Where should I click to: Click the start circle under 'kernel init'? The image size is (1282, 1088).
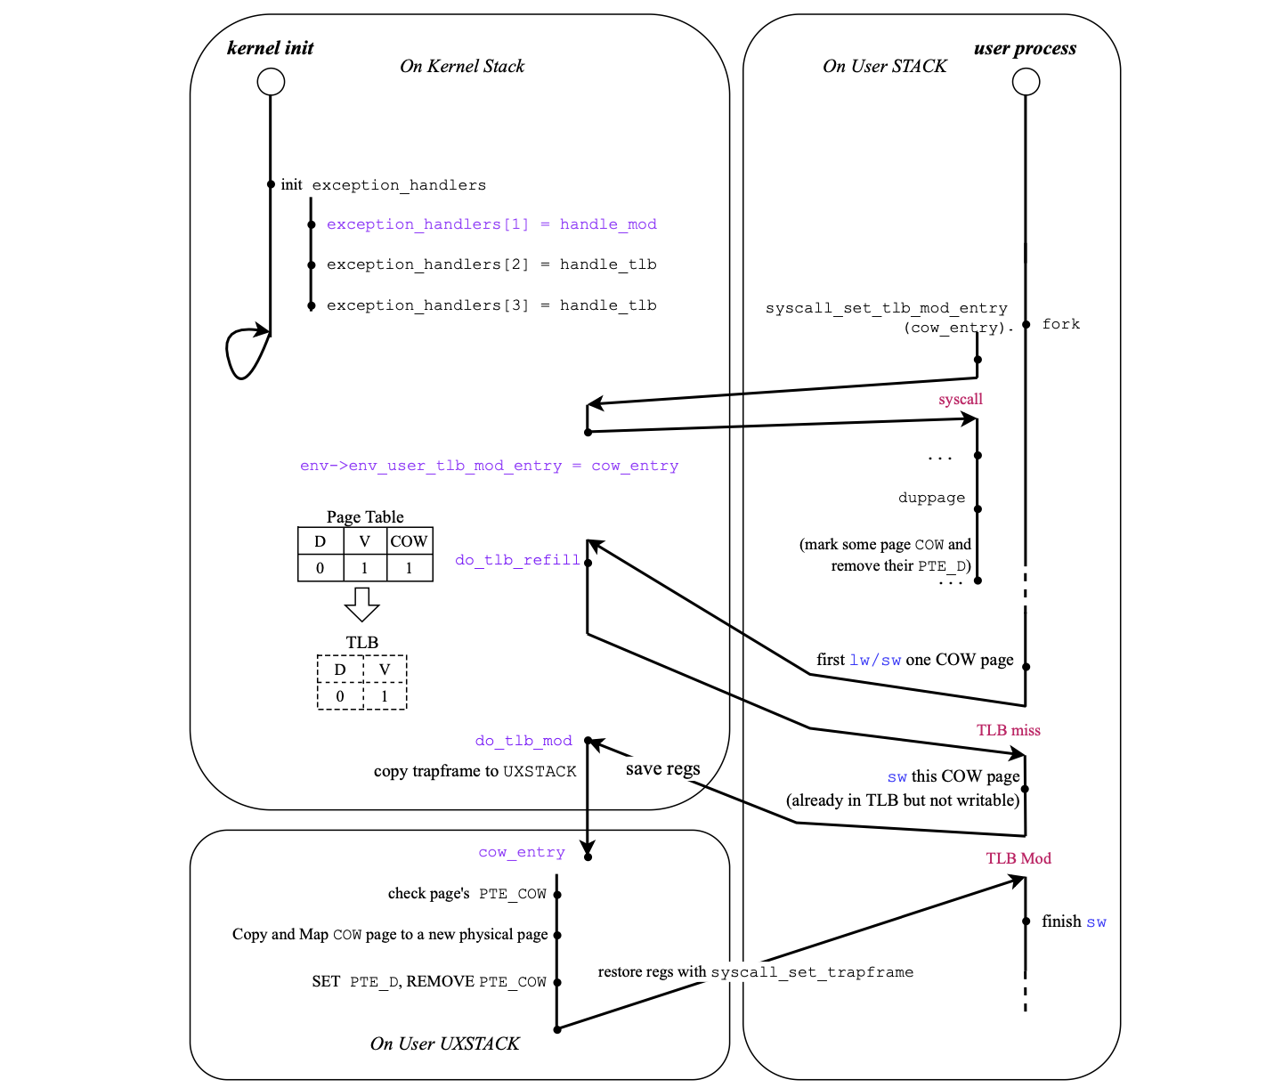point(271,82)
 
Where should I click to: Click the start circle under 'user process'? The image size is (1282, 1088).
point(1026,82)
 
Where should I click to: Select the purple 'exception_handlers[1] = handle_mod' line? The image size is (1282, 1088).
point(491,224)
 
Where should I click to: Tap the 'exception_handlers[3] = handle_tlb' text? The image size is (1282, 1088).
point(491,305)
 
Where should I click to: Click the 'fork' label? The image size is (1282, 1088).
point(1060,324)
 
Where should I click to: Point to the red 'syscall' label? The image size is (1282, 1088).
point(960,399)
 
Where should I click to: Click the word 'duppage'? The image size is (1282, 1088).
point(931,498)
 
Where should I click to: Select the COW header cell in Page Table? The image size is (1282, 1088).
point(409,541)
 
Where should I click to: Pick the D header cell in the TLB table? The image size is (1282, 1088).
point(340,670)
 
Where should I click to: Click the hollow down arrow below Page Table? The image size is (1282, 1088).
point(361,604)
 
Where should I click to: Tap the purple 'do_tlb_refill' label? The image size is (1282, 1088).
point(517,560)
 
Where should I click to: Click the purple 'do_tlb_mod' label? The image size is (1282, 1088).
point(523,741)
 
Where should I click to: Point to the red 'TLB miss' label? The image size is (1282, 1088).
point(1008,730)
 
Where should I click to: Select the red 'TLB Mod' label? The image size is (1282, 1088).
point(1018,858)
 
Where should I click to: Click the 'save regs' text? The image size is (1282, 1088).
point(662,768)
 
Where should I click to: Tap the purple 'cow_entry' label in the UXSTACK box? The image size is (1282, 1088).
point(522,852)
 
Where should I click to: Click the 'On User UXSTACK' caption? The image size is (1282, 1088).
point(444,1043)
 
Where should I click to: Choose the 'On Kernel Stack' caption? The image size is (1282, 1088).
point(462,66)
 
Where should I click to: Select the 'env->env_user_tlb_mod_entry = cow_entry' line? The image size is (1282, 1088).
point(489,466)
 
